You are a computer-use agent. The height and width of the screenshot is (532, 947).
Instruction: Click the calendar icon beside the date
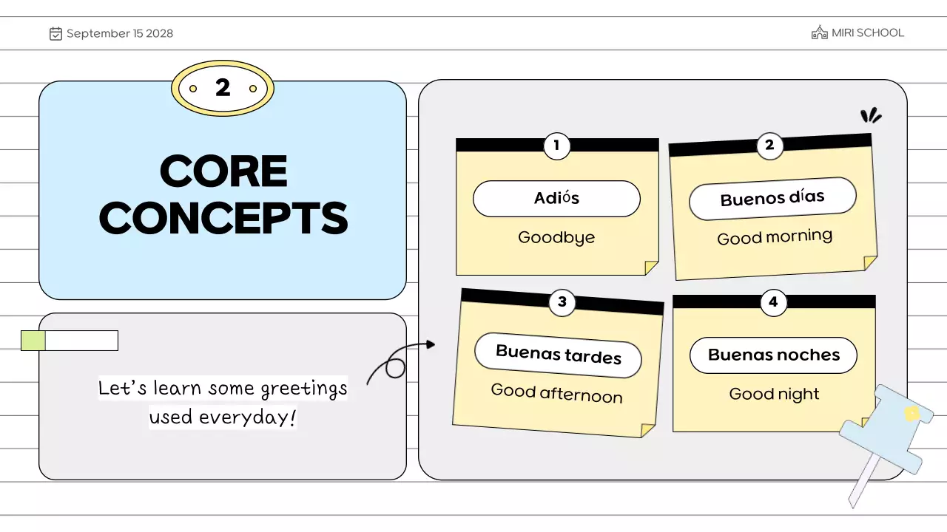[55, 33]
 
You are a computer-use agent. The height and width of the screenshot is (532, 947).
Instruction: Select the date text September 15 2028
[120, 33]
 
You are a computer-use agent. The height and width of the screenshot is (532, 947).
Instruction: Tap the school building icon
[819, 33]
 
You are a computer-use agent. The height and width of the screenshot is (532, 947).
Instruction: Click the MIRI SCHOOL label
[867, 33]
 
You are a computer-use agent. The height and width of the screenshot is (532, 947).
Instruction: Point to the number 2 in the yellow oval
[223, 88]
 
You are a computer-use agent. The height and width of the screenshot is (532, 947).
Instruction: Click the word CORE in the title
[223, 171]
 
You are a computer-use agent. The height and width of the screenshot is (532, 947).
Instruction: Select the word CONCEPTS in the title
[223, 218]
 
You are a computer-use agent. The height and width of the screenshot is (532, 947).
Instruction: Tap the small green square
[33, 341]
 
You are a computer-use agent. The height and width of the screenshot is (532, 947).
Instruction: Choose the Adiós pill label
[556, 199]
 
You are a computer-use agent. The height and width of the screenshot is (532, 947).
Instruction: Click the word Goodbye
[556, 237]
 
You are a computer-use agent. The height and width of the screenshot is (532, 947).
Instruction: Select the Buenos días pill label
[772, 198]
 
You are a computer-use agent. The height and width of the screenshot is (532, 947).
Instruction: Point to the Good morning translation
[775, 237]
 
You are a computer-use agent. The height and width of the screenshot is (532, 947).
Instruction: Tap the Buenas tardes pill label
[558, 355]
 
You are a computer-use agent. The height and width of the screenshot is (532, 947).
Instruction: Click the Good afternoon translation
[556, 393]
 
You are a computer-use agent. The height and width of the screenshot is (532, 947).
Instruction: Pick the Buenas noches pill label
[773, 355]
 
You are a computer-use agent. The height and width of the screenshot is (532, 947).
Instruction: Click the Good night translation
[774, 394]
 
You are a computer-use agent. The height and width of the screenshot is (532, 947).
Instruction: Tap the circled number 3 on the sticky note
[562, 301]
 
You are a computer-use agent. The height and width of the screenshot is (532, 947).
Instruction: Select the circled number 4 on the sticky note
[773, 301]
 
